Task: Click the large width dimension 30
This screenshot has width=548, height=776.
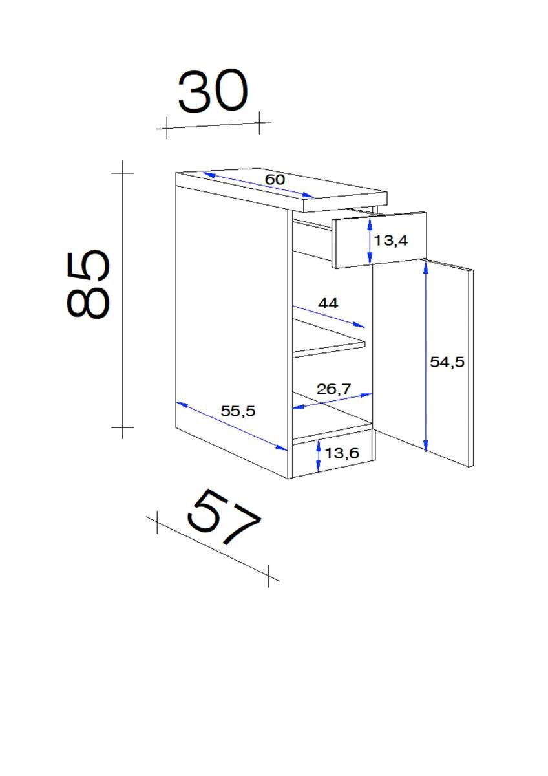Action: (213, 91)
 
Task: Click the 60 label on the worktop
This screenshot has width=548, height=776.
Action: (275, 179)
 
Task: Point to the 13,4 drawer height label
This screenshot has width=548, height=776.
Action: (391, 240)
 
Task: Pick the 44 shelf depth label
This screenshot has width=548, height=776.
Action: (328, 303)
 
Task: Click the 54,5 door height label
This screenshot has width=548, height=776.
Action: (447, 362)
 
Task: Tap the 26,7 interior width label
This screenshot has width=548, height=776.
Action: (333, 389)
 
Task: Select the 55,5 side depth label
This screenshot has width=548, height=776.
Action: (238, 411)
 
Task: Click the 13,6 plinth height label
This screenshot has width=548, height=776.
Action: (342, 453)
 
